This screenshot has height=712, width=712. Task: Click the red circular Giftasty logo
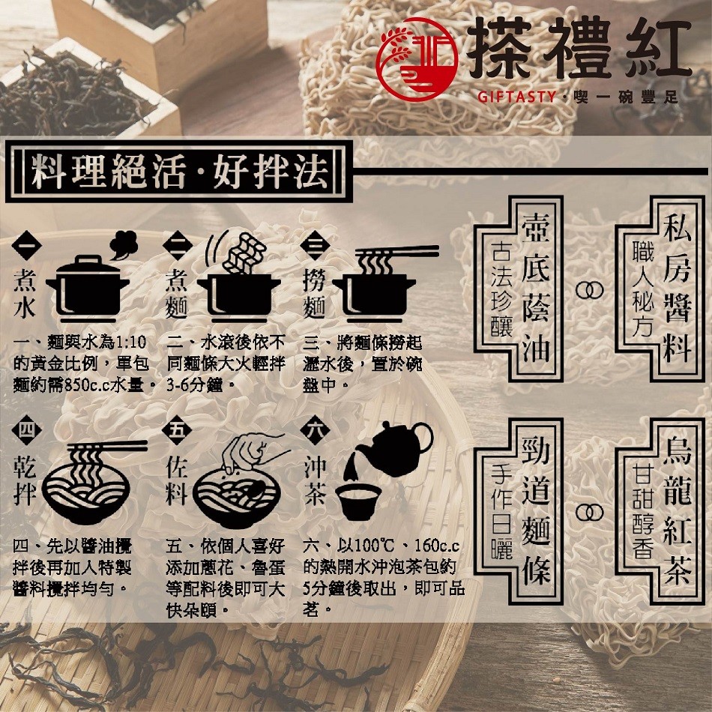(417, 59)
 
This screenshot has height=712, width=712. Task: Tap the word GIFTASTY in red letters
(516, 97)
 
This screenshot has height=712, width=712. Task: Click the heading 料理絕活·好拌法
(180, 172)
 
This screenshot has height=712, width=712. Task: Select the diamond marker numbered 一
(26, 246)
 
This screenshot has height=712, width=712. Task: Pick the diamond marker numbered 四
(26, 429)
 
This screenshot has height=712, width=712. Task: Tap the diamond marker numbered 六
(315, 429)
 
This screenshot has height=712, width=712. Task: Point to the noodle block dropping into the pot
(244, 253)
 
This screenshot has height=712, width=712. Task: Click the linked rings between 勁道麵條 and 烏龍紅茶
(589, 513)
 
